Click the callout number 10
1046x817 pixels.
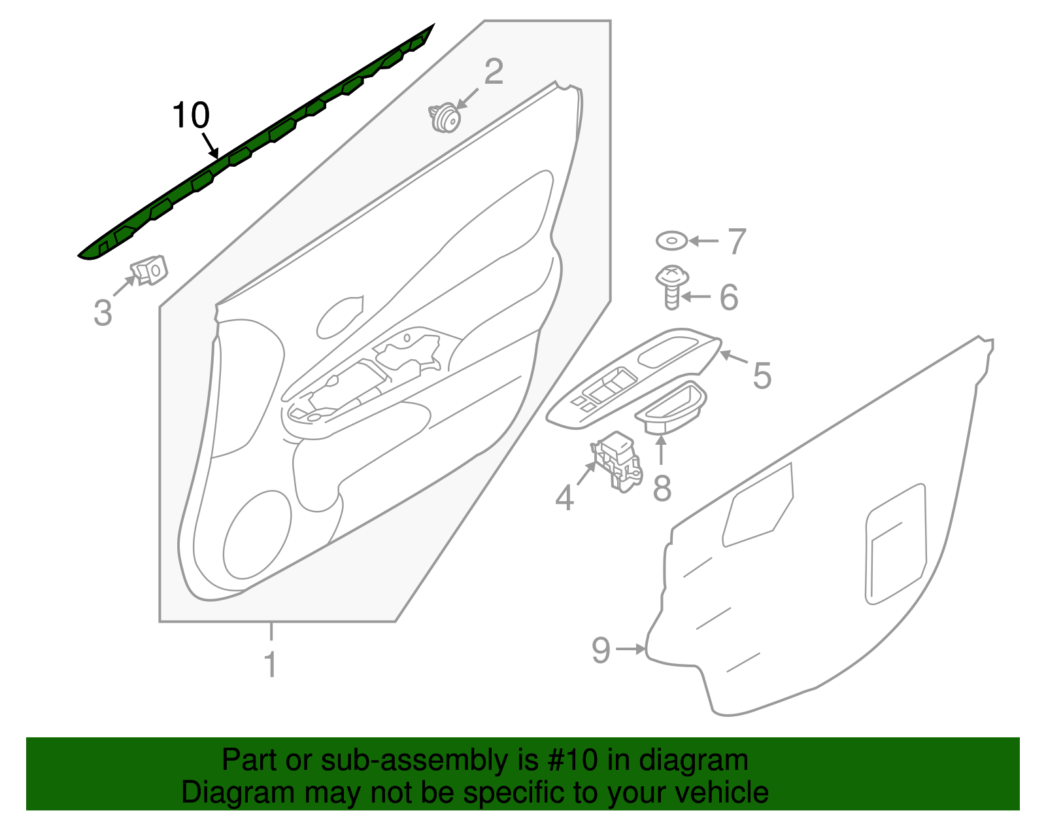click(191, 116)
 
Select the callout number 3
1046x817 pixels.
click(103, 313)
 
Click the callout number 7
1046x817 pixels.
click(737, 241)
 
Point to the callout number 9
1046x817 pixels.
click(600, 650)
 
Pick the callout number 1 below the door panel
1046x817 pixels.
click(270, 665)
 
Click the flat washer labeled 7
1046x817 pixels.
click(672, 241)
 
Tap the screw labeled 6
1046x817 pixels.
click(671, 287)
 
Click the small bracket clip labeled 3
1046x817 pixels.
click(150, 269)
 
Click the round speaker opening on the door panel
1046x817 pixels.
click(256, 535)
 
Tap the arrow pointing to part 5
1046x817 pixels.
click(734, 358)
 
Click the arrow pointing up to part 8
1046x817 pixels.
click(661, 449)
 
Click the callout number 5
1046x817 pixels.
click(762, 375)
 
